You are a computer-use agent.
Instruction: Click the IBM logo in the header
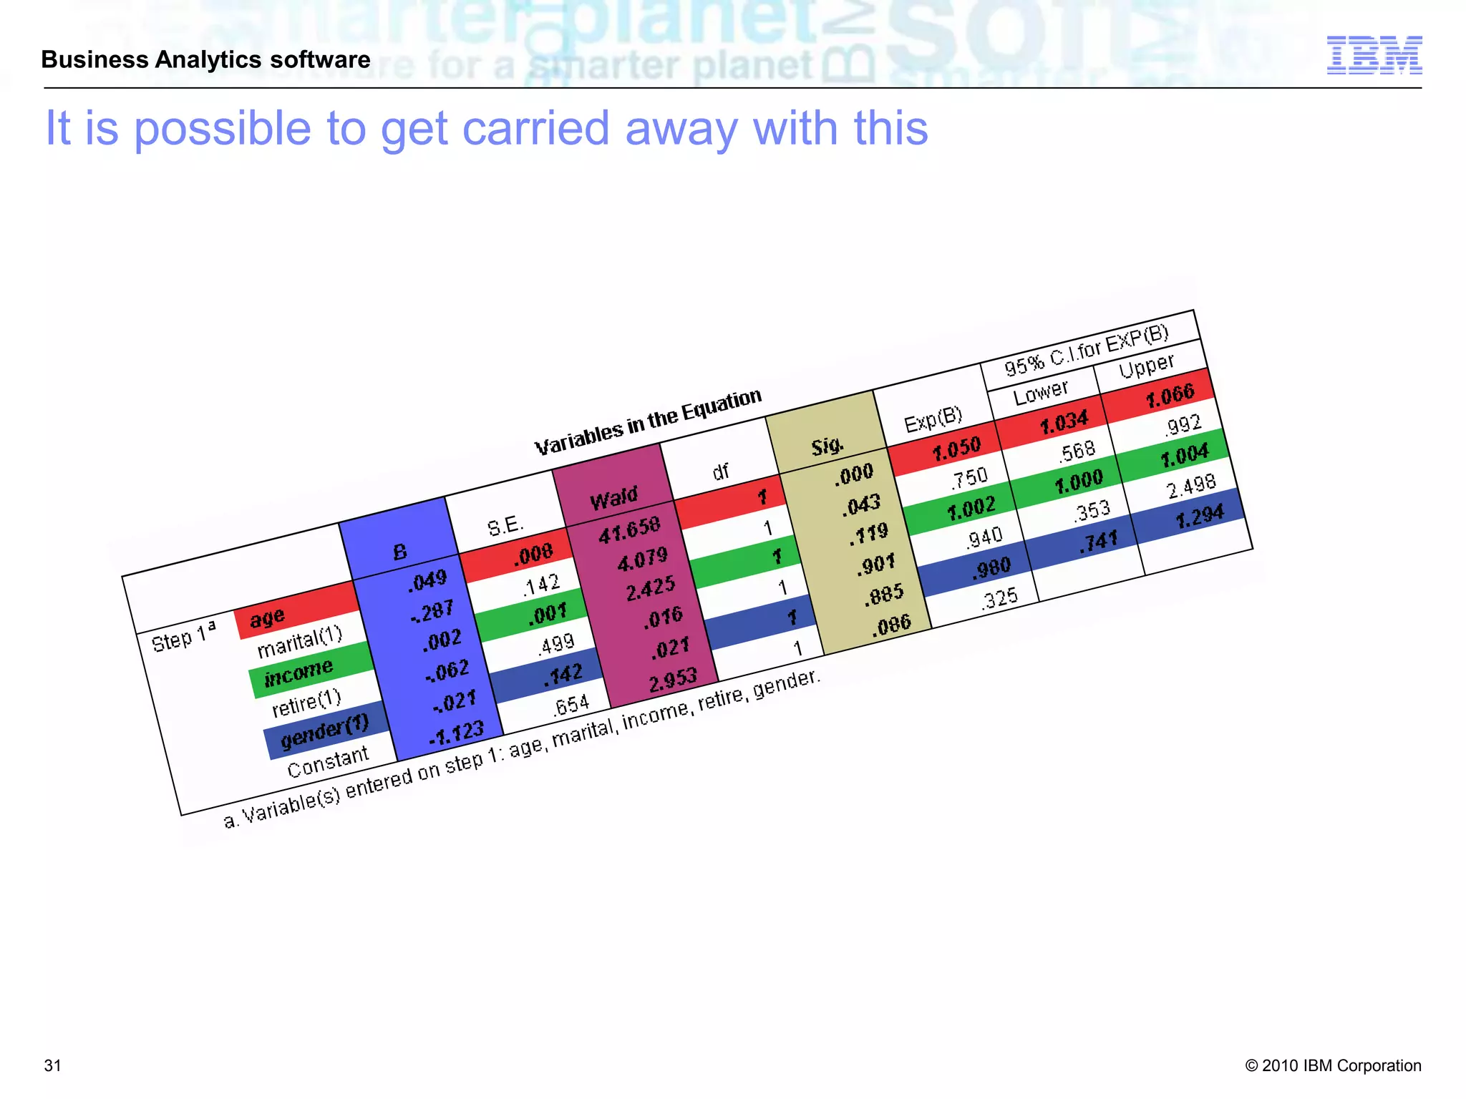click(x=1374, y=55)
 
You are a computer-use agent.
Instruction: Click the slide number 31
click(x=53, y=1065)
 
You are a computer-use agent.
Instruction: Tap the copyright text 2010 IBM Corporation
click(x=1333, y=1065)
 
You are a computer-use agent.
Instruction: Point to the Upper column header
click(x=1146, y=366)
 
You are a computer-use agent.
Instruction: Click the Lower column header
click(x=1040, y=391)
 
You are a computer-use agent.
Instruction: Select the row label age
click(x=268, y=617)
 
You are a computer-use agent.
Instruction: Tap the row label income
click(x=298, y=673)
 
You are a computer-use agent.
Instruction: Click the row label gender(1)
click(x=324, y=732)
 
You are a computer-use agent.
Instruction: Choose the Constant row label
click(x=328, y=761)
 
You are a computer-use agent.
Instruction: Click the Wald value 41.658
click(x=629, y=529)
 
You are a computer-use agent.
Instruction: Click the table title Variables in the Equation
click(x=648, y=422)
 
